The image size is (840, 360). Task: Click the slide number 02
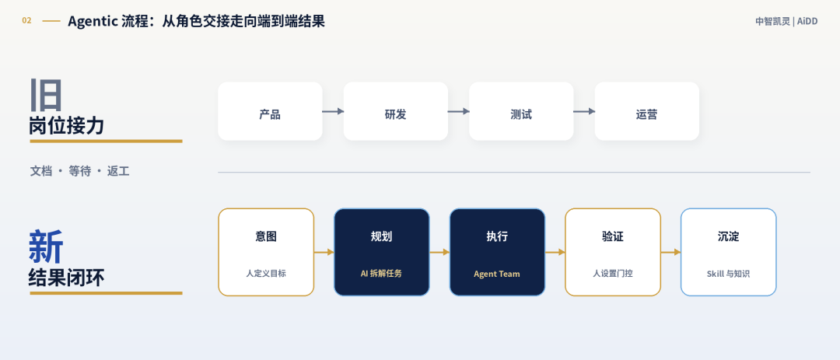coord(26,21)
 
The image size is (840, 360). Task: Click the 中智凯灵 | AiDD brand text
coord(786,22)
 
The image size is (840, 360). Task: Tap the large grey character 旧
coord(46,95)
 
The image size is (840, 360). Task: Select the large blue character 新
coord(46,246)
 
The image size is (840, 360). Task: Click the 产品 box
coord(270,111)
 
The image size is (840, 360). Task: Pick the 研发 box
coord(395,111)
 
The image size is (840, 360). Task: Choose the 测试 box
coord(521,111)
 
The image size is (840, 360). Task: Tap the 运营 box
coord(646,111)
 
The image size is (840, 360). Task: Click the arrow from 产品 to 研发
coord(333,111)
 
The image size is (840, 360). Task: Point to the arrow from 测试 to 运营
coord(584,111)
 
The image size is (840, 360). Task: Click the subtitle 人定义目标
coord(266,273)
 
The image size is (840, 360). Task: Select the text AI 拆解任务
coord(381,273)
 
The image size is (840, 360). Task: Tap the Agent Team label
coord(496,274)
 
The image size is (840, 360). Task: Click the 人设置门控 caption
coord(612,273)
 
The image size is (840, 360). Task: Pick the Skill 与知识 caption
coord(728,274)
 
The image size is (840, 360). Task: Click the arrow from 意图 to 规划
coord(324,252)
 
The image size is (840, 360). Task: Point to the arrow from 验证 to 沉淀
coord(670,252)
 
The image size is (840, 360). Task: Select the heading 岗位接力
coord(66,126)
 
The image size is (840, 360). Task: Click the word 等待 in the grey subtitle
coord(80,171)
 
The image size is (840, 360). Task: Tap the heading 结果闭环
coord(66,278)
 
